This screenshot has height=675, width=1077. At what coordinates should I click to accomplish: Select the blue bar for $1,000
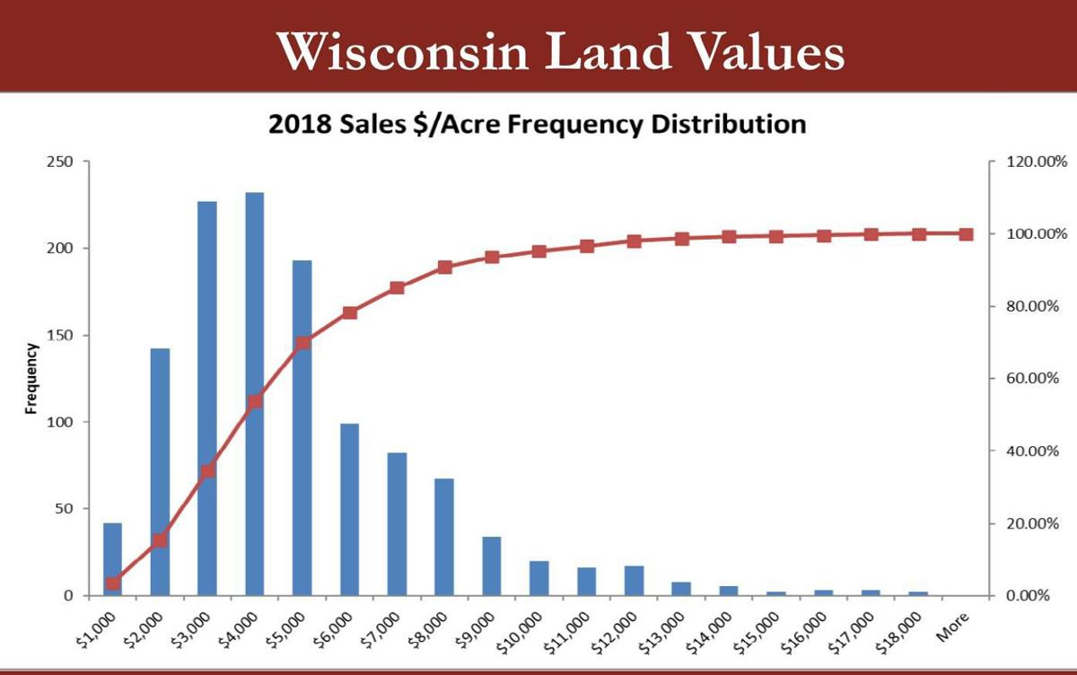click(x=112, y=558)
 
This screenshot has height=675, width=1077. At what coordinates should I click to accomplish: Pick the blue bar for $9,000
click(x=492, y=565)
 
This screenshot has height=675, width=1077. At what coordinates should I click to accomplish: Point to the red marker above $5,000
click(x=302, y=342)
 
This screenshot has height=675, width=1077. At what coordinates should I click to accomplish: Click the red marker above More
click(x=966, y=234)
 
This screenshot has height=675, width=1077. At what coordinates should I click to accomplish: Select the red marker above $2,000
click(x=160, y=540)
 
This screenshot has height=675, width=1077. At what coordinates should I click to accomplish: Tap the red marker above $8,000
click(x=444, y=267)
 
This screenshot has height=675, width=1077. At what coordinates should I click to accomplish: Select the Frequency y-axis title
click(x=31, y=378)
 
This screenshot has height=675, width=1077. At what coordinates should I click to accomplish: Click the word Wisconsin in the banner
click(x=404, y=51)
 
